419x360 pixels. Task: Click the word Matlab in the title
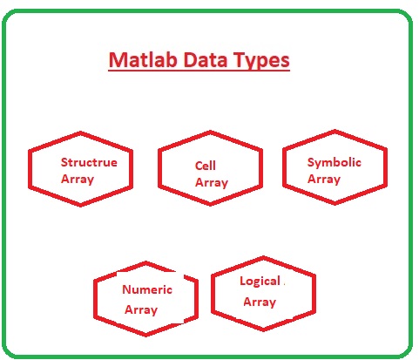click(x=143, y=60)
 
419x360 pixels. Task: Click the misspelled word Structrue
click(x=89, y=162)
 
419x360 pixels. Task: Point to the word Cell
click(x=206, y=166)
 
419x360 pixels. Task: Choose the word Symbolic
click(x=335, y=162)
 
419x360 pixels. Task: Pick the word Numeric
click(x=147, y=289)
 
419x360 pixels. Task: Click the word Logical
click(x=260, y=282)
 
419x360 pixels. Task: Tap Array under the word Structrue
click(x=78, y=180)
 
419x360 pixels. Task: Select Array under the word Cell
click(x=212, y=183)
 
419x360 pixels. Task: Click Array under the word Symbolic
click(x=324, y=180)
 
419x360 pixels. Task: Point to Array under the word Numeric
click(x=141, y=310)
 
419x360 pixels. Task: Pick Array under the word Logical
click(x=260, y=302)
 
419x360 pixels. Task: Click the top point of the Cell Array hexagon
click(x=211, y=132)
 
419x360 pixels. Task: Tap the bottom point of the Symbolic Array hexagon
click(x=335, y=204)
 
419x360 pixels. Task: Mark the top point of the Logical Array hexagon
click(x=263, y=257)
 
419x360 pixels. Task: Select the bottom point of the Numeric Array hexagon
click(x=145, y=336)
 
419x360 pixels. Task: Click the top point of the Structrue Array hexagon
click(x=80, y=132)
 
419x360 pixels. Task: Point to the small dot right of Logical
click(x=284, y=283)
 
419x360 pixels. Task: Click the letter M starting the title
click(x=116, y=60)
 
